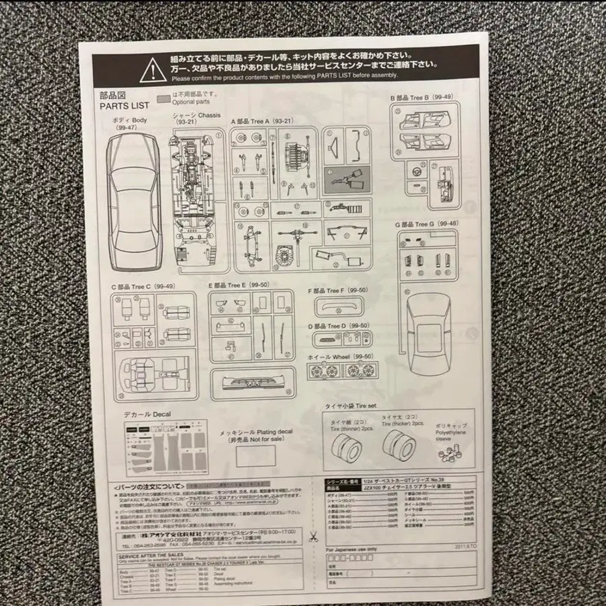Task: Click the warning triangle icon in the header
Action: tap(153, 68)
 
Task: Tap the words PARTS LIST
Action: tap(125, 106)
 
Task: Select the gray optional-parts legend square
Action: tap(162, 98)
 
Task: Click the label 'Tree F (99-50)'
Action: tap(338, 290)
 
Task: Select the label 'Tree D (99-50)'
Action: tap(338, 326)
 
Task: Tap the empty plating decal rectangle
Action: tap(256, 456)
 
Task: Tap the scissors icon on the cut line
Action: tap(314, 537)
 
